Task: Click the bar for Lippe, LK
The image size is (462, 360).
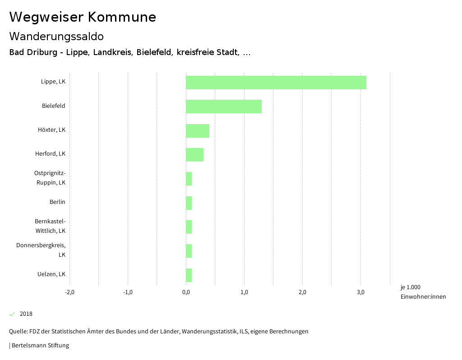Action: point(276,83)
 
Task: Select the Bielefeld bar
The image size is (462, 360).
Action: point(223,106)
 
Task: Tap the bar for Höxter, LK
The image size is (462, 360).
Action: point(197,130)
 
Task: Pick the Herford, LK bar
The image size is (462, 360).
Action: point(194,154)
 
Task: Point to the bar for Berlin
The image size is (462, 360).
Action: point(189,203)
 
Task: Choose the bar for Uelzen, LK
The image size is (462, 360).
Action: point(189,275)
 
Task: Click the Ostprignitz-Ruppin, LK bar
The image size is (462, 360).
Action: point(189,179)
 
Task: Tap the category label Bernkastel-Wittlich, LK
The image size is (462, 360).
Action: point(50,226)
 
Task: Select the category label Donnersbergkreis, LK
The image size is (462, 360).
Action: point(41,250)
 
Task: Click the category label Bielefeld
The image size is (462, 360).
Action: point(54,106)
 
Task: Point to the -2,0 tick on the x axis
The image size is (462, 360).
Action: point(69,292)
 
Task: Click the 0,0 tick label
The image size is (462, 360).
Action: point(186,292)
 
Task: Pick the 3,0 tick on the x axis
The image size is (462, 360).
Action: point(360,292)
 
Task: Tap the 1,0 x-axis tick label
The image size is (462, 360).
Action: point(244,292)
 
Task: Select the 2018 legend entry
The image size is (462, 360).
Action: point(26,314)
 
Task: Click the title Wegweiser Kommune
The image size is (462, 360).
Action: point(83,17)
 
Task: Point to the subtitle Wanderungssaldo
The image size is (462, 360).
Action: point(56,37)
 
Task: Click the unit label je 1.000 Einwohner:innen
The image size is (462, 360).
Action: point(423,292)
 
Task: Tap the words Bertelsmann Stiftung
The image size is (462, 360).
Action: point(40,346)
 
